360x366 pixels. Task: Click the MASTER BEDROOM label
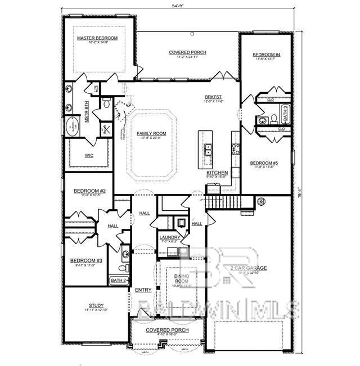97,38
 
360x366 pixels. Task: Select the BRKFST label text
213,97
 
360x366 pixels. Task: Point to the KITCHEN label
217,173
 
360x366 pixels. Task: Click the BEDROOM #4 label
266,54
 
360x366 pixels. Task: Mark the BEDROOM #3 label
86,260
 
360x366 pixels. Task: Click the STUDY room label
96,306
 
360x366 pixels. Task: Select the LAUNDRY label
169,237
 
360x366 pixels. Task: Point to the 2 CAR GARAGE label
248,268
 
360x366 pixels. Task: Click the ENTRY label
143,290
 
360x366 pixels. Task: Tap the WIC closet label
89,155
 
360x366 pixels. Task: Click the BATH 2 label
118,280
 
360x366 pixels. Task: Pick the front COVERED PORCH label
167,330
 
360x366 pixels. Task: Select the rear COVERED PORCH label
187,52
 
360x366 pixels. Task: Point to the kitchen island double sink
208,149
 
